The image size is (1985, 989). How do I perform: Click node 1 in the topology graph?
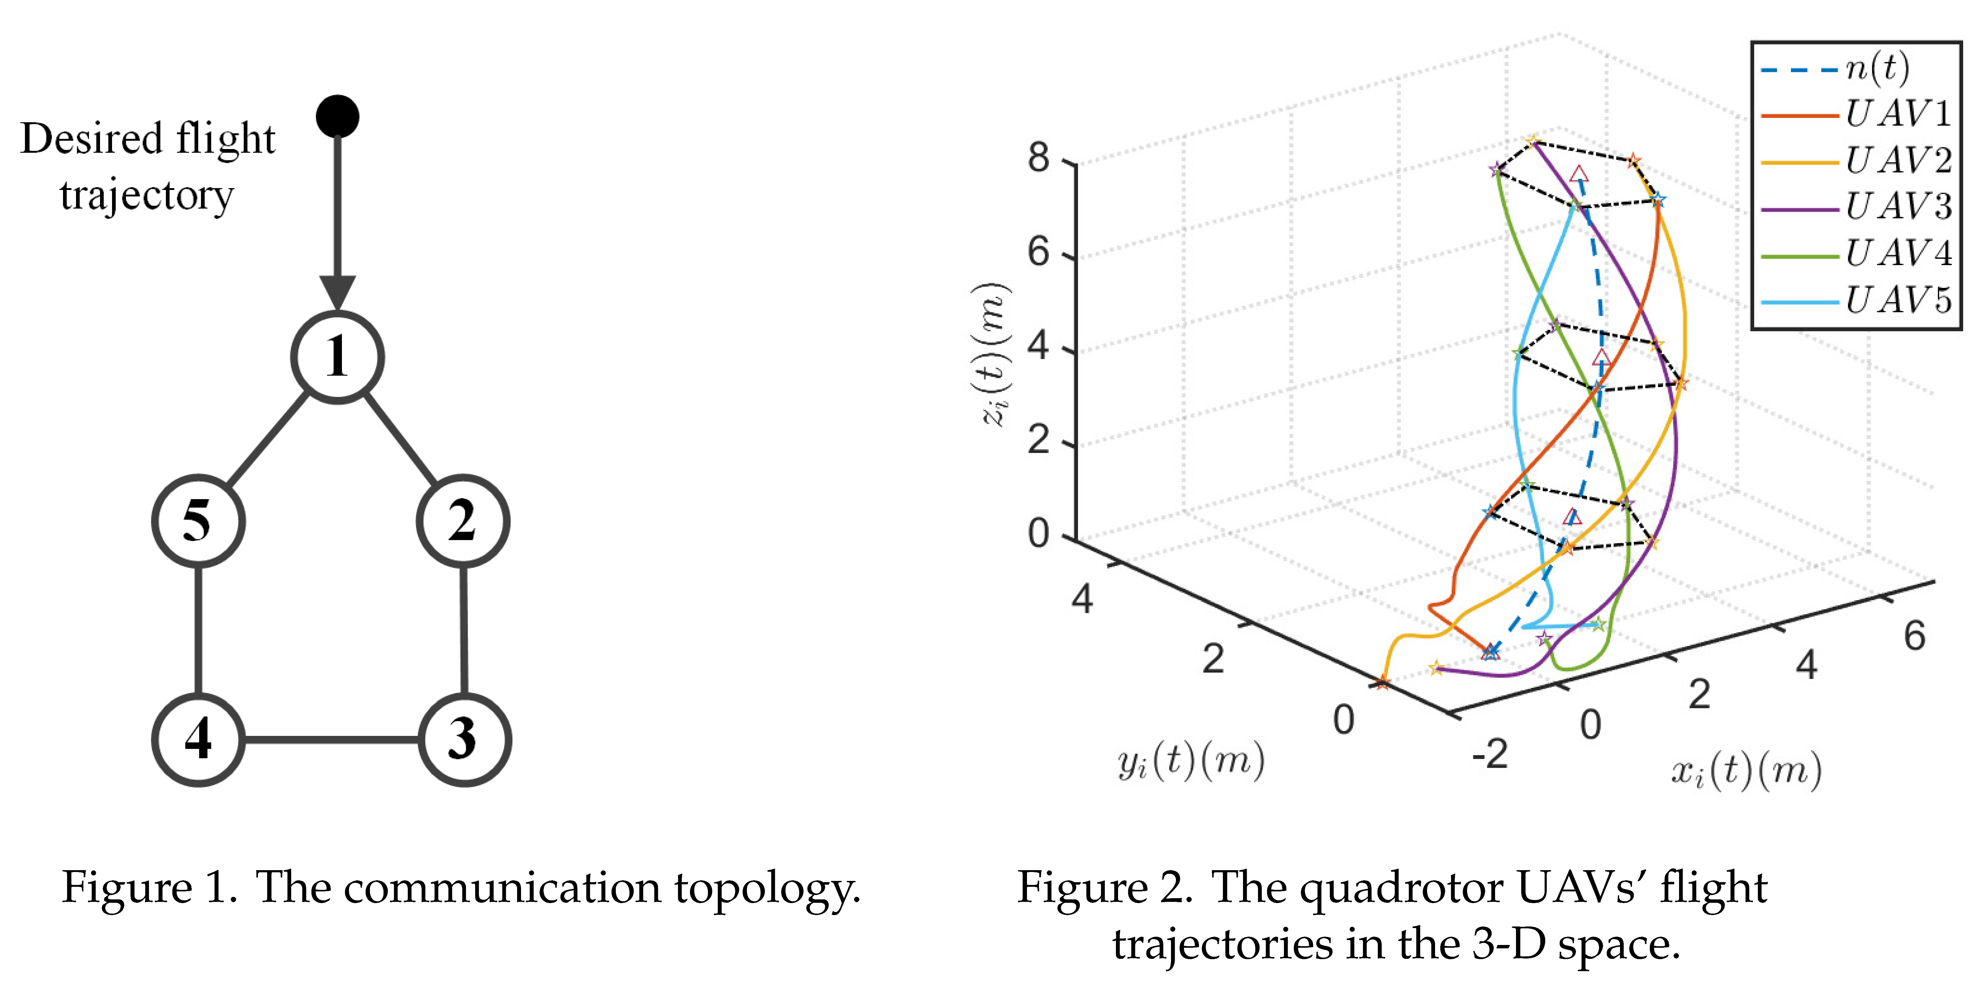pyautogui.click(x=338, y=357)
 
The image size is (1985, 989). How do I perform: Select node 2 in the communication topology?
pyautogui.click(x=462, y=521)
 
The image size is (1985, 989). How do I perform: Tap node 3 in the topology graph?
pyautogui.click(x=464, y=739)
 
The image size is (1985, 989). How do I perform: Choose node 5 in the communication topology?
pyautogui.click(x=198, y=521)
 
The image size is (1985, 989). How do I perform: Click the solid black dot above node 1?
pyautogui.click(x=338, y=116)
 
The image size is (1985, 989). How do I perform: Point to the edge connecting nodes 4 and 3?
pyautogui.click(x=331, y=740)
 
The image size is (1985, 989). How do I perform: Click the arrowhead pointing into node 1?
pyautogui.click(x=338, y=293)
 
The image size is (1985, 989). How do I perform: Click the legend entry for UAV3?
pyautogui.click(x=1857, y=207)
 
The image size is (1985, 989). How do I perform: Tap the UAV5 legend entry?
pyautogui.click(x=1857, y=300)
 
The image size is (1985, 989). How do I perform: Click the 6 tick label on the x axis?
pyautogui.click(x=1914, y=636)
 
